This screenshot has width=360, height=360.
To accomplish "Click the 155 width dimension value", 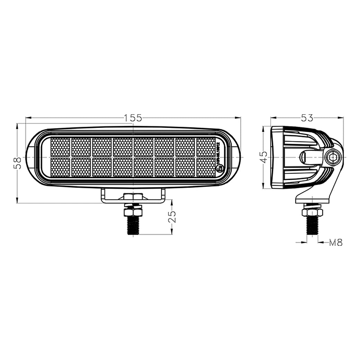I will coord(133,118).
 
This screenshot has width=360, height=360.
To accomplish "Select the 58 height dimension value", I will coord(17,162).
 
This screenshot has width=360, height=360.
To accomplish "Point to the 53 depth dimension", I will coord(307,118).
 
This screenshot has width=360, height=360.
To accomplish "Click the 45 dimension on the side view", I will coord(264,157).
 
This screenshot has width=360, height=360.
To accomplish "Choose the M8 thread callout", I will coord(335,243).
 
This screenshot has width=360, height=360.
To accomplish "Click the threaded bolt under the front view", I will coord(133,225).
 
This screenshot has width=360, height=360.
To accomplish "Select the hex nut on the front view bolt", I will coord(133,210).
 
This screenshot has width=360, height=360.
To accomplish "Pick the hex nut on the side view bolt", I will coord(312,211).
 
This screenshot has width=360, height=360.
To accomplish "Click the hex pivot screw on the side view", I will coord(333,157).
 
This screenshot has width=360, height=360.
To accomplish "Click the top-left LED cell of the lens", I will coord(60,147).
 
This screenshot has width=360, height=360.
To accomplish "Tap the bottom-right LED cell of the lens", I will coord(206,168).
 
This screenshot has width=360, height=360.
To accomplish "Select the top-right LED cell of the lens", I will coord(206,147).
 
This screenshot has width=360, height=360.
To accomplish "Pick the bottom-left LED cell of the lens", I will coord(60,168).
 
